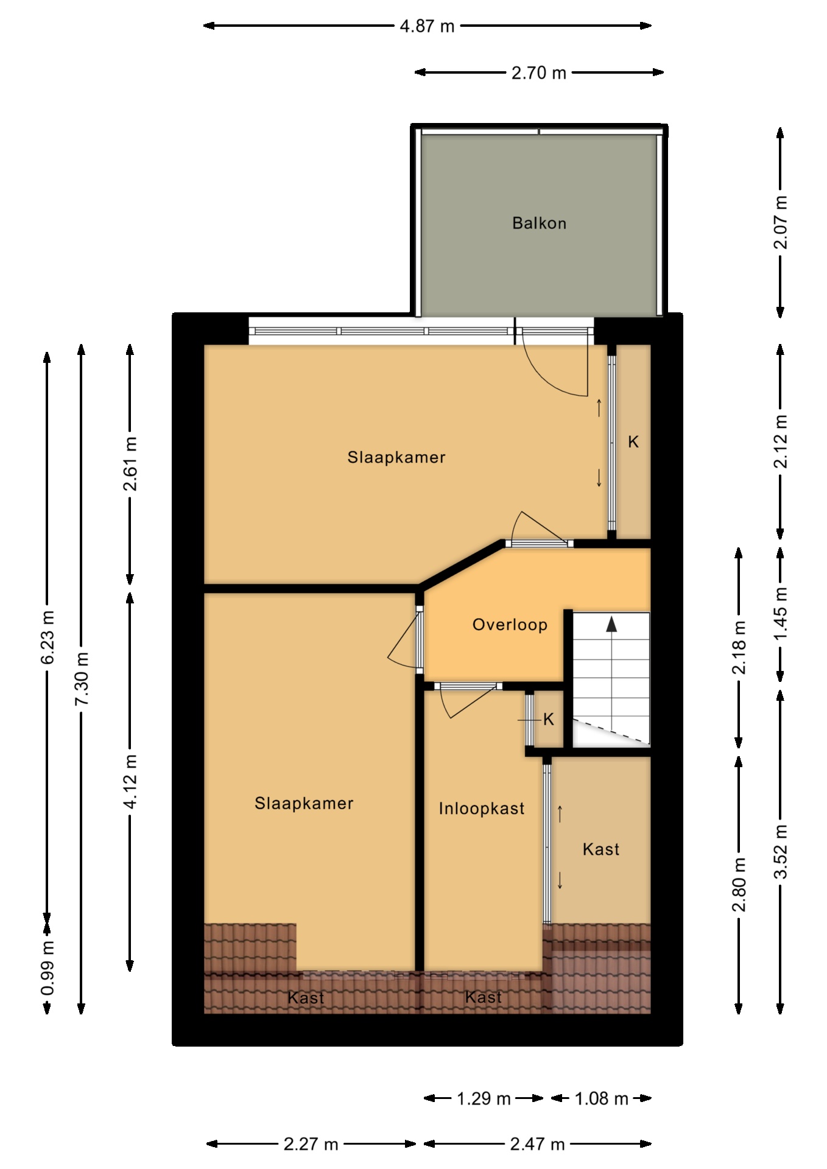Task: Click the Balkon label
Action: point(539,223)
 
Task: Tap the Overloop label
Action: point(510,625)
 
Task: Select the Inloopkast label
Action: point(482,809)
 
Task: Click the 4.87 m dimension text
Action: point(427,26)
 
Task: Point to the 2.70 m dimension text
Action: point(539,73)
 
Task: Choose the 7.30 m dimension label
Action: point(82,679)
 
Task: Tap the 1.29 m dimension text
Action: point(484,1098)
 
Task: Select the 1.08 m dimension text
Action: point(601,1098)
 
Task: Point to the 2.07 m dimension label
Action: point(780,222)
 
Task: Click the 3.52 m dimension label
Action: point(780,852)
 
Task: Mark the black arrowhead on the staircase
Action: point(611,623)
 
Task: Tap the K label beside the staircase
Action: point(549,720)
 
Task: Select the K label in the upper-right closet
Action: point(633,442)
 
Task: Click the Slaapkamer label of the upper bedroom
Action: point(396,457)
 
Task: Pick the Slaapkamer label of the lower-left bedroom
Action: point(304,804)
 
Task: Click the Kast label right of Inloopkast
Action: point(601,849)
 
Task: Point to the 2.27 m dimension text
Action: point(311,1144)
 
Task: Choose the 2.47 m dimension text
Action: point(538,1144)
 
